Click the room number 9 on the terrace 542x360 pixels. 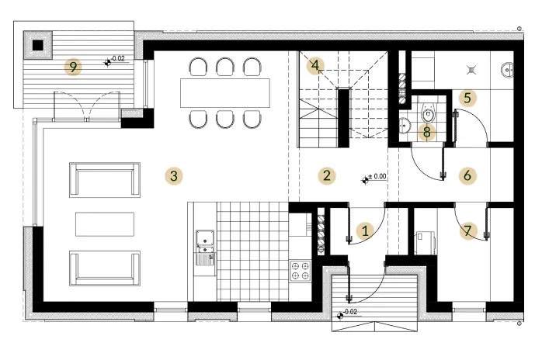point(72,67)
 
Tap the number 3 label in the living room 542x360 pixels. point(175,175)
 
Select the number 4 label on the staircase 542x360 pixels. point(314,66)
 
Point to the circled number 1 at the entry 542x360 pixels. point(366,230)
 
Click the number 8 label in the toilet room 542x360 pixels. point(426,132)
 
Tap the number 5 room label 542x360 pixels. point(466,98)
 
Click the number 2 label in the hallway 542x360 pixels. point(327,175)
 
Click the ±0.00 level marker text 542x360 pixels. point(379,177)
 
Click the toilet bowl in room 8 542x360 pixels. point(426,114)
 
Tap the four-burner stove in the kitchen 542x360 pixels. point(301,271)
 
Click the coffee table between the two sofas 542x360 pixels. point(104,223)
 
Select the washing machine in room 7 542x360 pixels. point(424,240)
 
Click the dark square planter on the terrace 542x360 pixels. point(36,45)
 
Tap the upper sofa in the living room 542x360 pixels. point(105,179)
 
